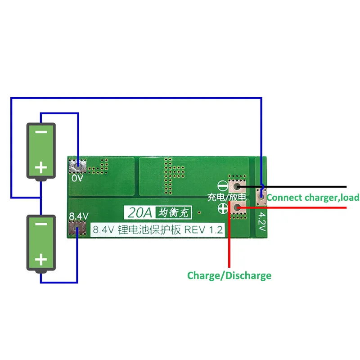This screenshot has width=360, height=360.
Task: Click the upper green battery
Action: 41,151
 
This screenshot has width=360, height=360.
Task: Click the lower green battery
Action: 41,243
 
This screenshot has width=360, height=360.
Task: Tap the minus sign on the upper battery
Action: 41,133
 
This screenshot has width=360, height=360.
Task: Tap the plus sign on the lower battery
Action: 41,260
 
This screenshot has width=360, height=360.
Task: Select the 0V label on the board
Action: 77,178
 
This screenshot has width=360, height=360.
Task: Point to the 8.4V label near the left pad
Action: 77,216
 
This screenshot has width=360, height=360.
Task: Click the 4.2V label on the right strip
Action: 262,220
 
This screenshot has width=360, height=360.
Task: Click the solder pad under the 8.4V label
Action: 77,229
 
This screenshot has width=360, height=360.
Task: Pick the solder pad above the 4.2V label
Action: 261,196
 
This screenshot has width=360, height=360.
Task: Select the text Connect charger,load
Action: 313,197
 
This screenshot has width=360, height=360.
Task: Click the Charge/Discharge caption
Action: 229,275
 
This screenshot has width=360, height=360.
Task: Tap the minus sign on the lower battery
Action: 41,225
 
